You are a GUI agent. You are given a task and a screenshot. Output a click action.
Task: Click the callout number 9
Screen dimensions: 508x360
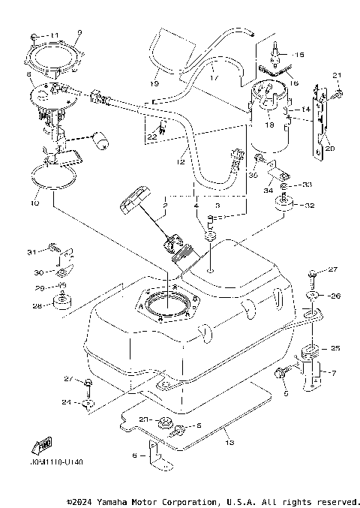tap(79, 32)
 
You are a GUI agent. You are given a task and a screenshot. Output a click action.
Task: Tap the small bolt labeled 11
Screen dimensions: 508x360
tap(35, 36)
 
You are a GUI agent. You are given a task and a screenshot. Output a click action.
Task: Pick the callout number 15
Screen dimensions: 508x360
tap(299, 55)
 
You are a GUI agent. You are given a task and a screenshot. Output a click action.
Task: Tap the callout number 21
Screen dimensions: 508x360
tap(336, 75)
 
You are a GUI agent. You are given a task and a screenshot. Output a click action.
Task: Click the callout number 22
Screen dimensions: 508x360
tap(152, 137)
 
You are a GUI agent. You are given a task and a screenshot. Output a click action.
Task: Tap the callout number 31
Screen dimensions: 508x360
tap(31, 251)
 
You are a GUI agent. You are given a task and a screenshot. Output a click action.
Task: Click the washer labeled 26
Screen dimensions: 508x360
tap(312, 296)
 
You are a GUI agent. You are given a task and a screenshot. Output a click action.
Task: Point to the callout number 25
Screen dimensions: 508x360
tap(335, 348)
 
